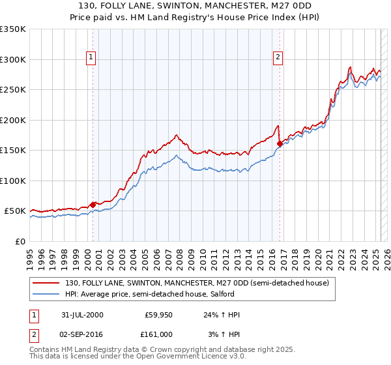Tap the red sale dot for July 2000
(93, 205)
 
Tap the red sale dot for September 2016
(280, 143)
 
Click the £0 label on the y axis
(20, 241)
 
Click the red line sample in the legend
(46, 283)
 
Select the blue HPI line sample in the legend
(46, 295)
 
